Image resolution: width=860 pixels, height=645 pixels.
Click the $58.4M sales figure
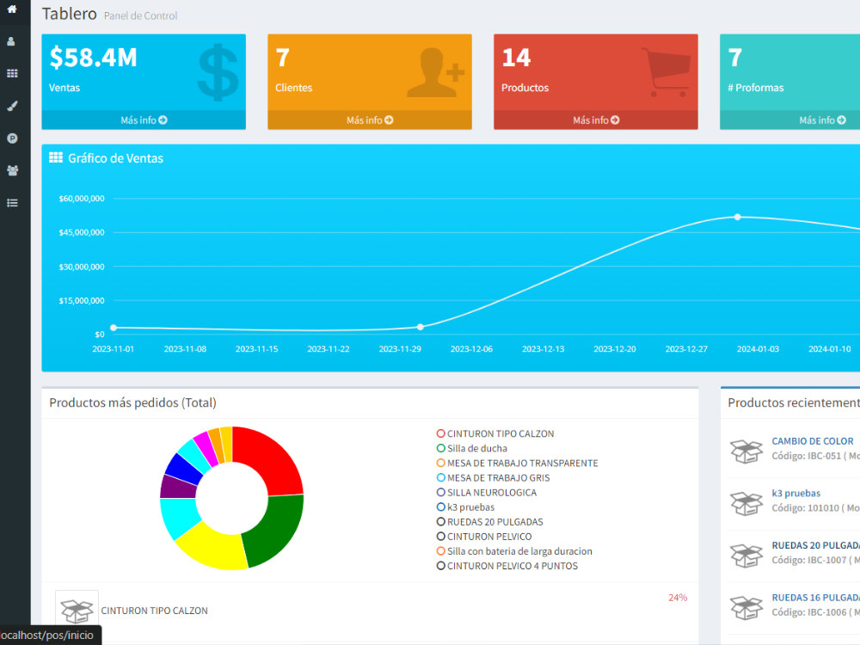pyautogui.click(x=93, y=58)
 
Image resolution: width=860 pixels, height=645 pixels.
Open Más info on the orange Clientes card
pyautogui.click(x=370, y=120)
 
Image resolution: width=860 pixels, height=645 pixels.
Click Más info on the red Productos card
pyautogui.click(x=596, y=120)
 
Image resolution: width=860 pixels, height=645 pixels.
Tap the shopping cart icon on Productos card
pyautogui.click(x=666, y=72)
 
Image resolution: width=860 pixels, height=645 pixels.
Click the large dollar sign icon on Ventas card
pyautogui.click(x=218, y=72)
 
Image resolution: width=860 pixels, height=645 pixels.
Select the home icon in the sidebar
pyautogui.click(x=12, y=9)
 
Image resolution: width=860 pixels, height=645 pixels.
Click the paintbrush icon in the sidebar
pyautogui.click(x=12, y=106)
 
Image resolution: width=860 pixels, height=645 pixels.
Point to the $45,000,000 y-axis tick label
pyautogui.click(x=82, y=232)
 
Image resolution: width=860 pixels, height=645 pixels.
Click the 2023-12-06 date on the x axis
pyautogui.click(x=471, y=349)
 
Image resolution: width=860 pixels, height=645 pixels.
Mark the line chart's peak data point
pyautogui.click(x=738, y=218)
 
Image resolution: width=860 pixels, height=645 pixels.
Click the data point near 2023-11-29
pyautogui.click(x=421, y=327)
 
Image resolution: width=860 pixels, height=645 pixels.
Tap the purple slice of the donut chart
pyautogui.click(x=178, y=487)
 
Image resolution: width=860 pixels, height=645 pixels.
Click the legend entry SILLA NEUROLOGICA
pyautogui.click(x=487, y=493)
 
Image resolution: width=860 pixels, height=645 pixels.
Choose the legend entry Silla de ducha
pyautogui.click(x=471, y=449)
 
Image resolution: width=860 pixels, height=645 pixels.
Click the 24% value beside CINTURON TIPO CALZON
pyautogui.click(x=678, y=598)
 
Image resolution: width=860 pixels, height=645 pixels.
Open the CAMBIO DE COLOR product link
pyautogui.click(x=813, y=441)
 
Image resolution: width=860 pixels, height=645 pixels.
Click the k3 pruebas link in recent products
pyautogui.click(x=795, y=494)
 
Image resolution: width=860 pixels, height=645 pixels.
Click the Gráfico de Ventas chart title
pyautogui.click(x=116, y=158)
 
